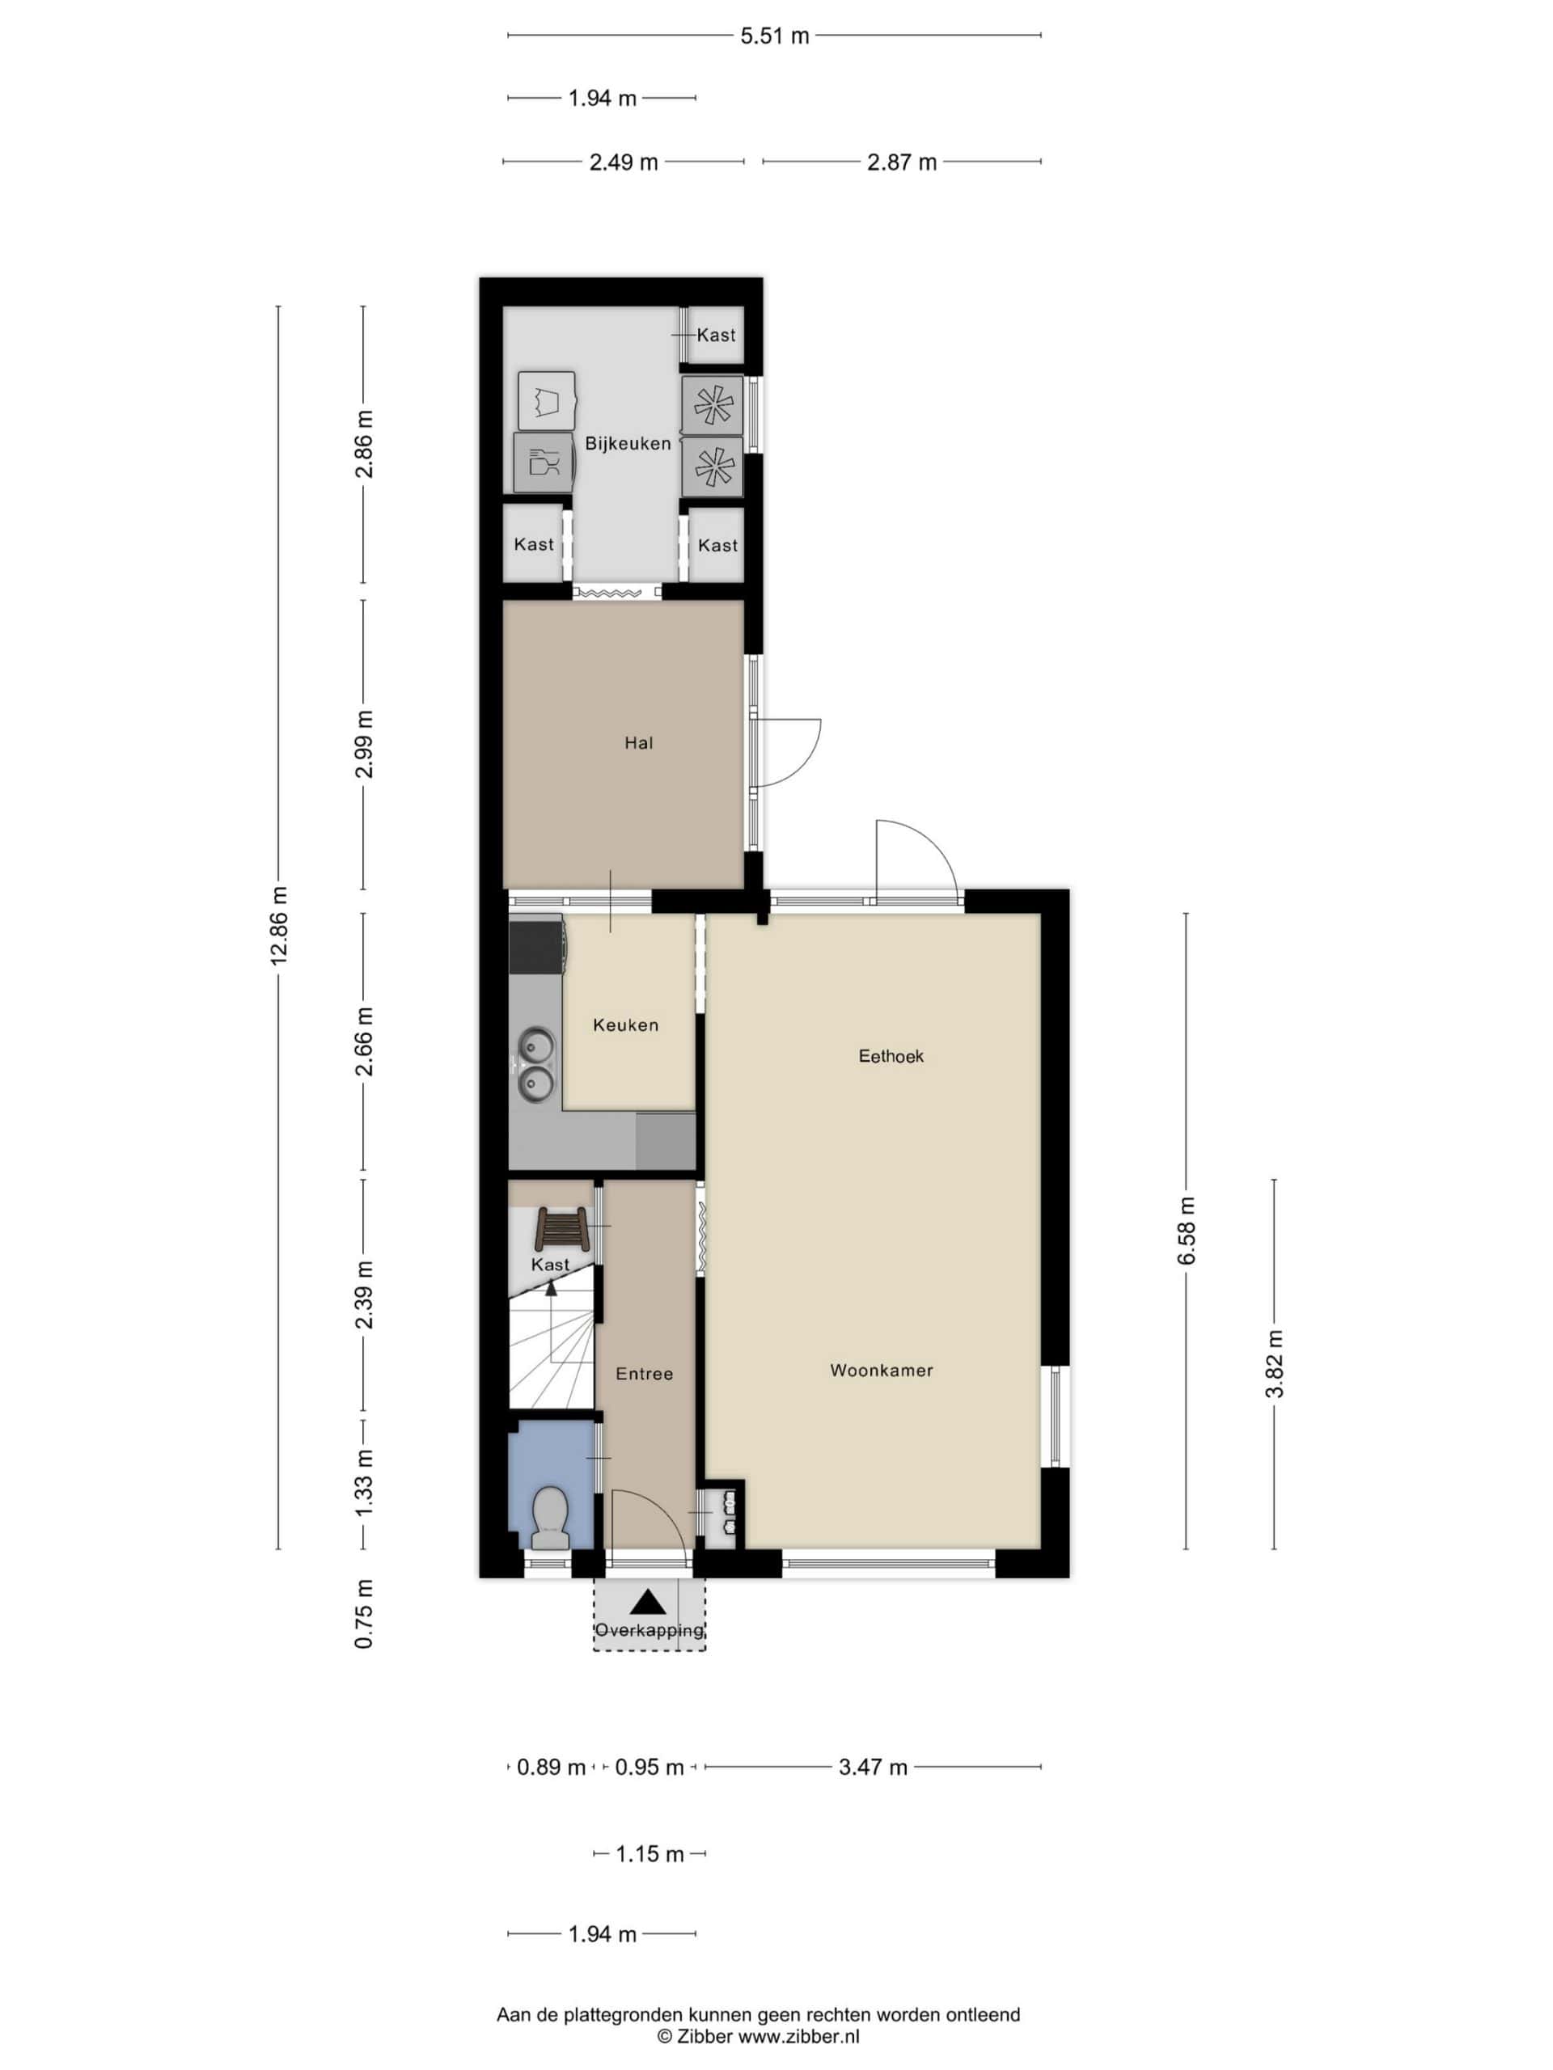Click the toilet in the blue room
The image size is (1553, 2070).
click(551, 1518)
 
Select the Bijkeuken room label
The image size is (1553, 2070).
click(628, 444)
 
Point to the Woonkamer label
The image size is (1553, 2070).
click(881, 1370)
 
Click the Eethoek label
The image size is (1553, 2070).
click(891, 1055)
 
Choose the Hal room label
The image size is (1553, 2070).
click(638, 743)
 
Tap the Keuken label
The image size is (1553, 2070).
click(625, 1024)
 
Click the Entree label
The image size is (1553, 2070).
click(644, 1374)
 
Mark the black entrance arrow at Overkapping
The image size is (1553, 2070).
click(648, 1602)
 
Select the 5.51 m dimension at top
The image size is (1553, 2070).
click(774, 36)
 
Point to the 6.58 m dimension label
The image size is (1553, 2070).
click(1186, 1231)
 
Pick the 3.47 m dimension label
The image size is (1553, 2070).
click(873, 1767)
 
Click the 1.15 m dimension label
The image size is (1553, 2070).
click(650, 1854)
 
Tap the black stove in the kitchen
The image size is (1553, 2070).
click(536, 945)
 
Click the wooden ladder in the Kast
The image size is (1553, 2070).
click(561, 1230)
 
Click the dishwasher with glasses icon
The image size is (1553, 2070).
click(543, 463)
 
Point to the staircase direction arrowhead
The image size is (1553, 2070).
click(552, 1287)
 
